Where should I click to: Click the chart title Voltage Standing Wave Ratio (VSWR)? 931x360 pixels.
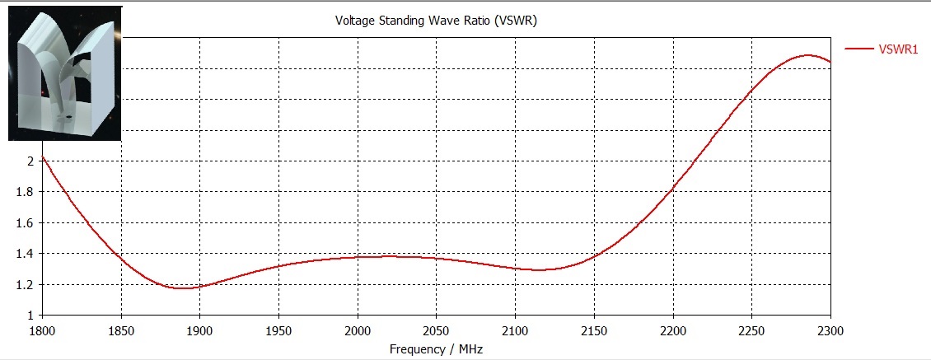point(436,21)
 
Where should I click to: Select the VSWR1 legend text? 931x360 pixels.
point(899,49)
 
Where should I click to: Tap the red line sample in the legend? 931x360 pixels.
point(860,49)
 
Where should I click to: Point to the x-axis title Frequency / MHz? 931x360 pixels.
point(436,349)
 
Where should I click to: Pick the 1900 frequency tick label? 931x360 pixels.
point(199,330)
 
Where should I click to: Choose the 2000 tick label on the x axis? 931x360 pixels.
point(357,330)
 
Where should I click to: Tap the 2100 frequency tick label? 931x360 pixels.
point(515,330)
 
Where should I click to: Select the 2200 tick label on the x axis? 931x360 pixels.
point(672,330)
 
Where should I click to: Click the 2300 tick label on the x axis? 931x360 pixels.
point(830,330)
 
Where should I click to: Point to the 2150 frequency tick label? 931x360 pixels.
point(594,330)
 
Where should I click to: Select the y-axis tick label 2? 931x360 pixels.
point(30,161)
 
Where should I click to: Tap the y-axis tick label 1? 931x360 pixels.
point(30,316)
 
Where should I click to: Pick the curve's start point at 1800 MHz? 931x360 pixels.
point(42,157)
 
